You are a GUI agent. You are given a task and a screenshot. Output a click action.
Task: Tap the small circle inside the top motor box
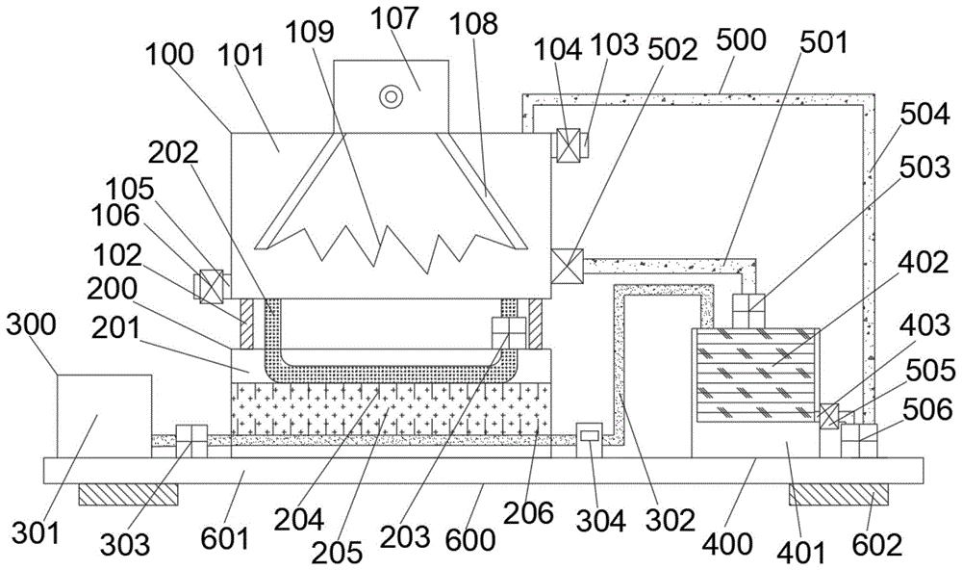(x=391, y=95)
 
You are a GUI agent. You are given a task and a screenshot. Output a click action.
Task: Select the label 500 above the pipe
(x=741, y=39)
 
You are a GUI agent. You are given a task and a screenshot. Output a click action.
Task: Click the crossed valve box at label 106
(x=211, y=286)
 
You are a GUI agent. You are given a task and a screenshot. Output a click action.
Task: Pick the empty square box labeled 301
(x=104, y=415)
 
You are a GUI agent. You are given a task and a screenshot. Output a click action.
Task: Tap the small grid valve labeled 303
(x=191, y=441)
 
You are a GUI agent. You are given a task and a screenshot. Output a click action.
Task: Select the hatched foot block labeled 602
(x=837, y=494)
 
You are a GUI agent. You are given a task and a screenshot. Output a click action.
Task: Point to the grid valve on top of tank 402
(x=747, y=310)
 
